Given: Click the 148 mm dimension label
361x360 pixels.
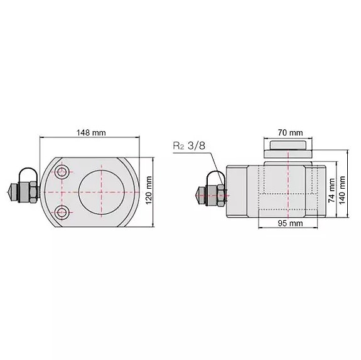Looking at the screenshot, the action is coord(91,133).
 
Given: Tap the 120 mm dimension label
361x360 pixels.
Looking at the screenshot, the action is coord(149,190).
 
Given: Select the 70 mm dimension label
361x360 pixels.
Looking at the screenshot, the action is coord(290,133).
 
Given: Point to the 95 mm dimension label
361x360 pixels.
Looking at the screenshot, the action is coord(290,223).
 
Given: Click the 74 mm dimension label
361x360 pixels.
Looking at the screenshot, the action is coord(331,190).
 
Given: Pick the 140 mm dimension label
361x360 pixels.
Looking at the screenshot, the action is coord(342,190).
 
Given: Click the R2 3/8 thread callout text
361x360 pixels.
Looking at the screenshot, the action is coord(189,146).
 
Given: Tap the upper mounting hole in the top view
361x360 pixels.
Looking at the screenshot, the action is coord(62,172).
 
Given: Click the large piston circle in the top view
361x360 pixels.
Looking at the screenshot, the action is coord(102,192).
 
